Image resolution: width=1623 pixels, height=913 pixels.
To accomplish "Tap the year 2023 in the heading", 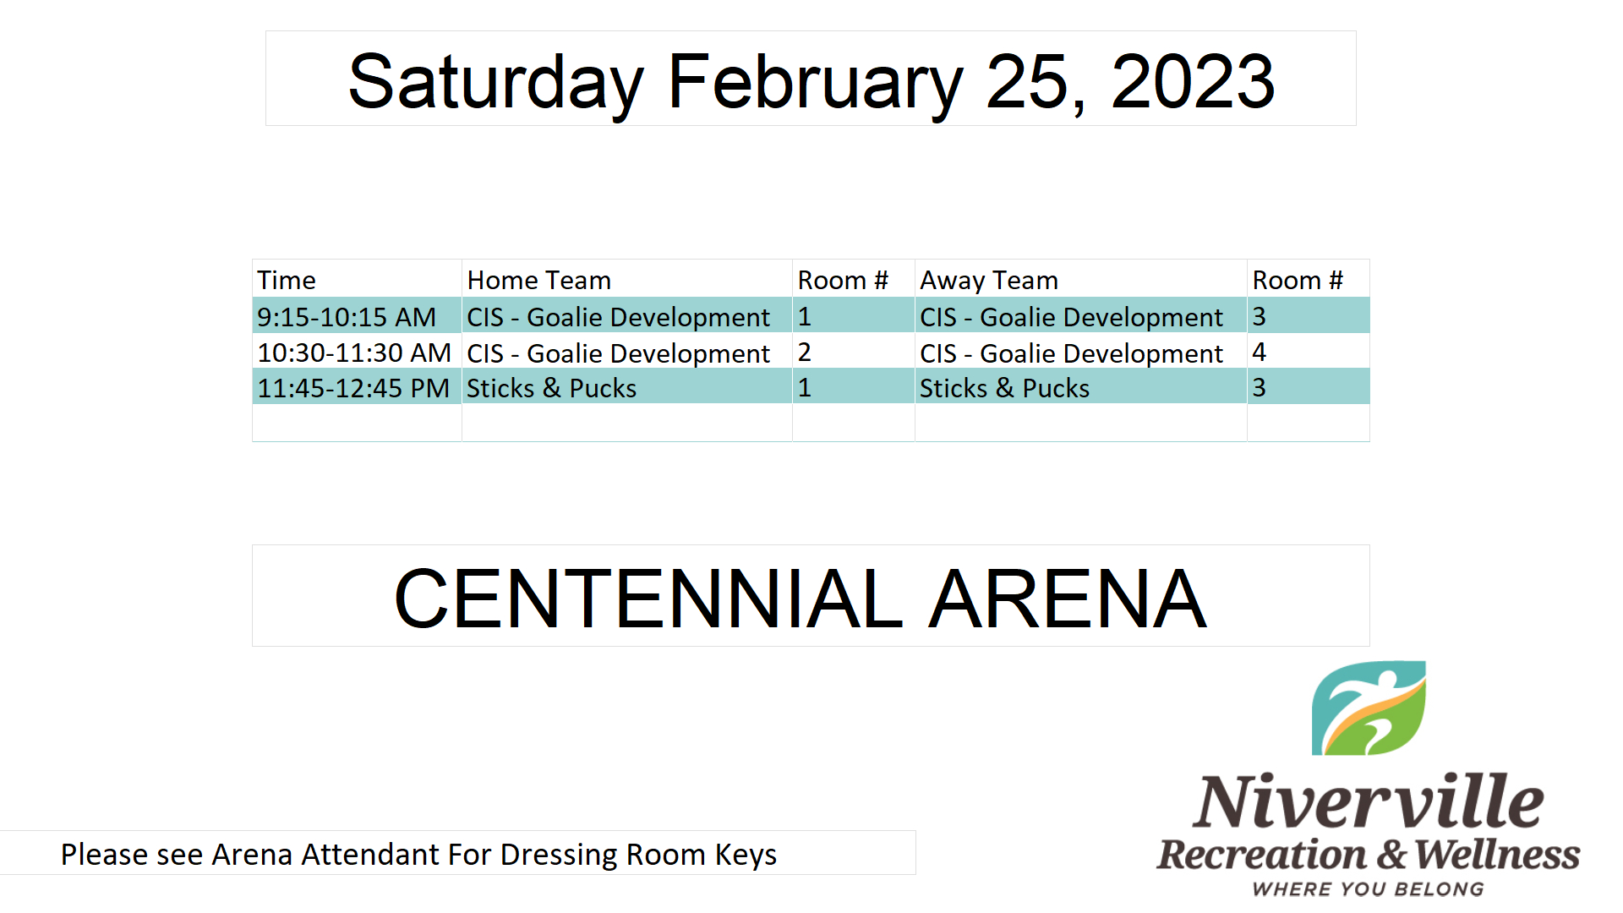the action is click(1193, 81).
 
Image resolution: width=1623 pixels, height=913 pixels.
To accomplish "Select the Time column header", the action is click(287, 280).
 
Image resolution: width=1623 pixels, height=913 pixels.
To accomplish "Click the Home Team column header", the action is click(539, 280).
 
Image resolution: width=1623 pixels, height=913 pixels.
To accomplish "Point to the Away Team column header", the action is click(989, 281).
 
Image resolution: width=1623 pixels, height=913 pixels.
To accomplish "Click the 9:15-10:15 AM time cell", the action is click(347, 317).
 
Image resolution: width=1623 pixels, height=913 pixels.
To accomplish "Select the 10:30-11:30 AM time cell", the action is click(354, 353).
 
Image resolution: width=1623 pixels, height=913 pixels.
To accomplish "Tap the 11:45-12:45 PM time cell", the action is click(353, 388).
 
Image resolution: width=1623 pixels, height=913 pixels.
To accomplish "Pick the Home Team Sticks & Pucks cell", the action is click(552, 388).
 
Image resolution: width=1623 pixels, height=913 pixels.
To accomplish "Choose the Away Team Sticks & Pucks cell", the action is click(1005, 388).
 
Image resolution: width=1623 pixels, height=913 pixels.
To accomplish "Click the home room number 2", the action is click(804, 352).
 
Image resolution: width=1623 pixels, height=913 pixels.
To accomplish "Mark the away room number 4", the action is click(1259, 352).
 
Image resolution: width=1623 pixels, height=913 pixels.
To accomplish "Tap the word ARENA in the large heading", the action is click(1068, 599).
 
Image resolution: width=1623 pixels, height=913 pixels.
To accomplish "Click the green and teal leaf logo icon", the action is click(1369, 708).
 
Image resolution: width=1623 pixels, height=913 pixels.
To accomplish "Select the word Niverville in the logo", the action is click(1368, 801).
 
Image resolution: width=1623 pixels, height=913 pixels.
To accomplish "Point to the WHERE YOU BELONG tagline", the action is click(1368, 889).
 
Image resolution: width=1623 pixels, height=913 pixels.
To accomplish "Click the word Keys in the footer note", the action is click(746, 855).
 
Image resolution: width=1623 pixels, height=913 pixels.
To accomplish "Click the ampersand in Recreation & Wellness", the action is click(1391, 855).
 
